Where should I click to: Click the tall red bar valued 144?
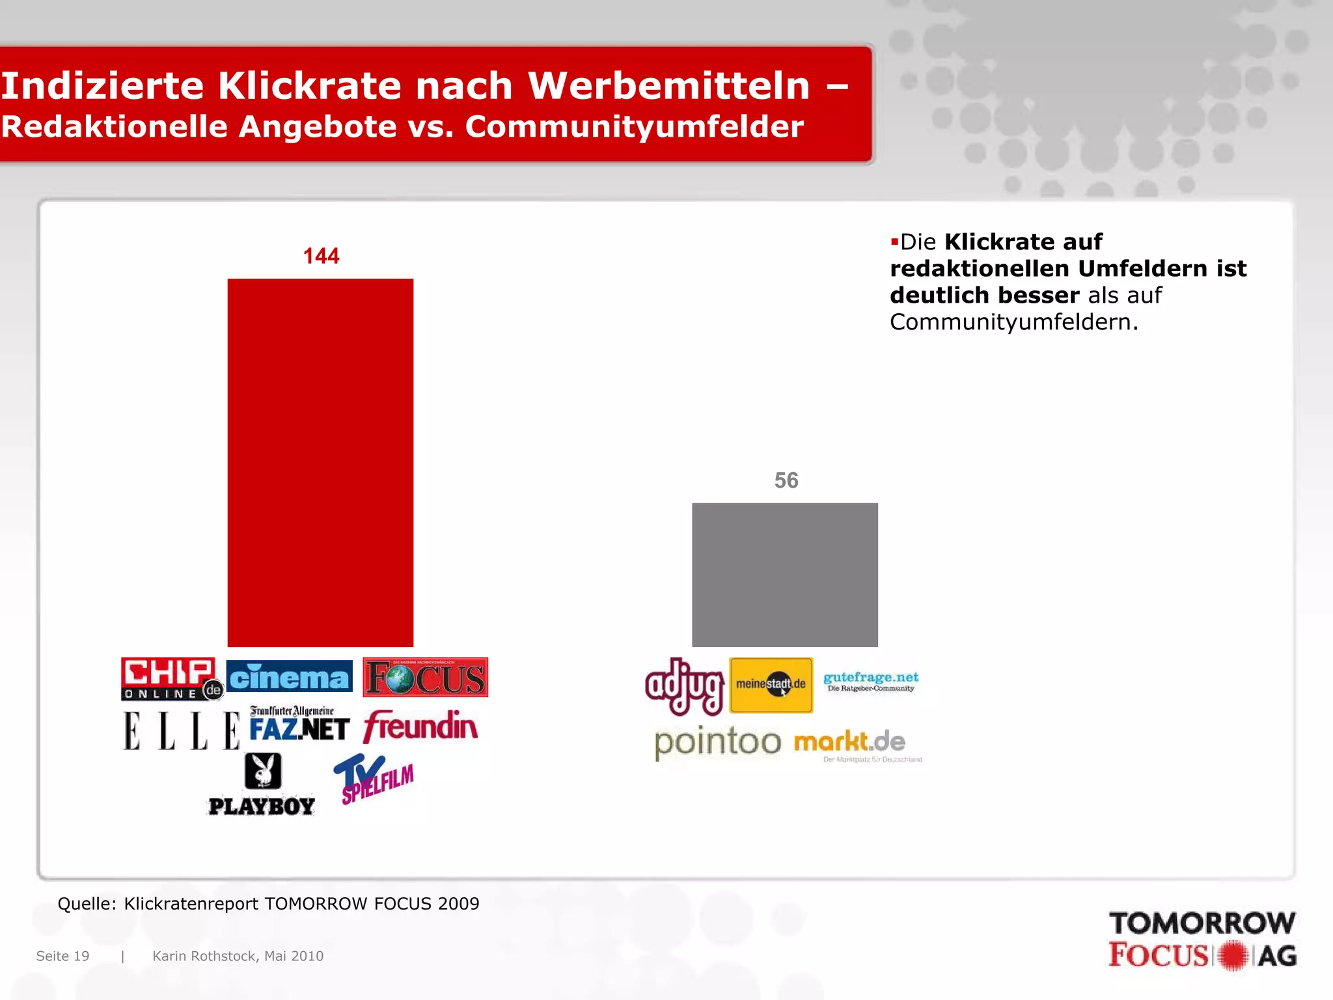click(320, 462)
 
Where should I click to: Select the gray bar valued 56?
click(784, 574)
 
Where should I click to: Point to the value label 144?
click(321, 256)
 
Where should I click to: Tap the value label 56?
click(786, 480)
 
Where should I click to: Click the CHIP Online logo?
click(171, 678)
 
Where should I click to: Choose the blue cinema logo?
click(289, 677)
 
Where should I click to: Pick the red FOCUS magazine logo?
click(425, 677)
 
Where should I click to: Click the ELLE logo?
click(181, 730)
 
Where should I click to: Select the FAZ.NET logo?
click(299, 724)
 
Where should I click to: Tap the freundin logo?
click(420, 727)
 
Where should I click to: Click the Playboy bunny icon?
click(263, 771)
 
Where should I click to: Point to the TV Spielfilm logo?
click(374, 779)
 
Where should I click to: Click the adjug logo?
click(684, 686)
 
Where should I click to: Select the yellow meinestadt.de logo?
click(771, 685)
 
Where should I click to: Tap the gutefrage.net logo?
click(871, 681)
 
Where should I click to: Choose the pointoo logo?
click(717, 742)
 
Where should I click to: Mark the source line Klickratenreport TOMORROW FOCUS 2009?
click(268, 904)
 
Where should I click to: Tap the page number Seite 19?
click(62, 956)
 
